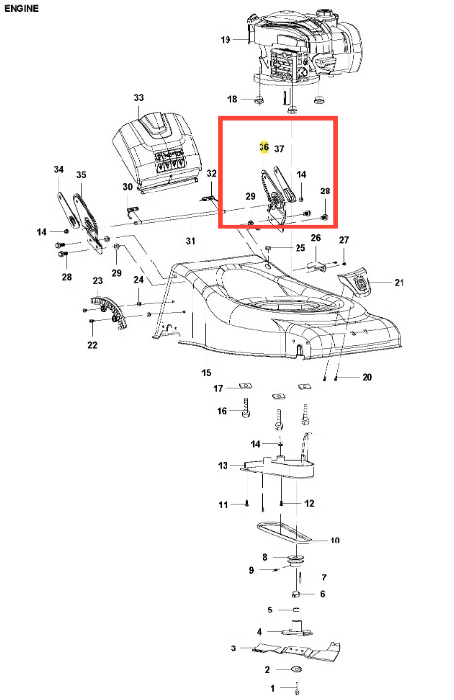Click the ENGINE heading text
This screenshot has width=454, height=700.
click(21, 8)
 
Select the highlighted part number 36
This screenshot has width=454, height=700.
click(263, 147)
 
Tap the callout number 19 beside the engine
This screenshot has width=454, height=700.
click(226, 40)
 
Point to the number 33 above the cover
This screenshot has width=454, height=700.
click(139, 98)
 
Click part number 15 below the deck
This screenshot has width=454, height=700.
click(206, 372)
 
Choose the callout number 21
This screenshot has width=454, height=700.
click(400, 282)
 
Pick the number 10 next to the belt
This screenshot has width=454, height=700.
click(334, 541)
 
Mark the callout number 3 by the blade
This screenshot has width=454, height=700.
click(233, 647)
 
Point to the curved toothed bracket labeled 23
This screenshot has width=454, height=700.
click(111, 310)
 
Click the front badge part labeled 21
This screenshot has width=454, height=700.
click(355, 281)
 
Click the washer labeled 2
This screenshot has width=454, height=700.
click(296, 669)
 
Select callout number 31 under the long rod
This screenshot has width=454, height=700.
click(191, 241)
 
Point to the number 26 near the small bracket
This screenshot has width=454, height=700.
click(316, 238)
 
